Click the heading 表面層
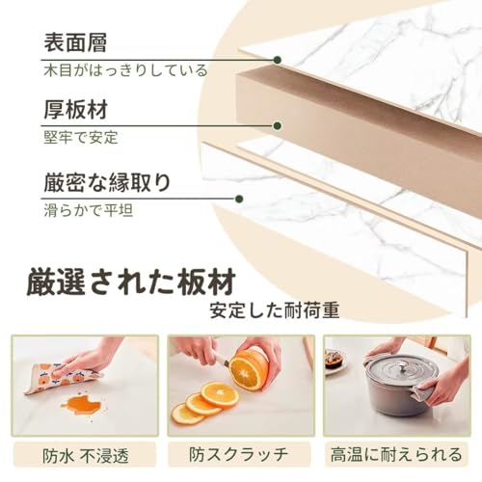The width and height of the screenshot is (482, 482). tap(74, 42)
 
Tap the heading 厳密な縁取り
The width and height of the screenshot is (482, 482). tap(108, 181)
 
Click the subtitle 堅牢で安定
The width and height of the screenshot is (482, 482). tap(80, 137)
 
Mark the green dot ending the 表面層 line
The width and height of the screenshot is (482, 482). tap(278, 60)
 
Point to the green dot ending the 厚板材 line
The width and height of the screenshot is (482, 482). tap(278, 126)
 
